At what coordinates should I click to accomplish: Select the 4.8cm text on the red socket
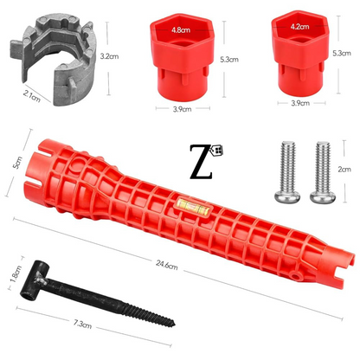click(181, 30)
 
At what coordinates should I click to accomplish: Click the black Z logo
click(201, 162)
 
